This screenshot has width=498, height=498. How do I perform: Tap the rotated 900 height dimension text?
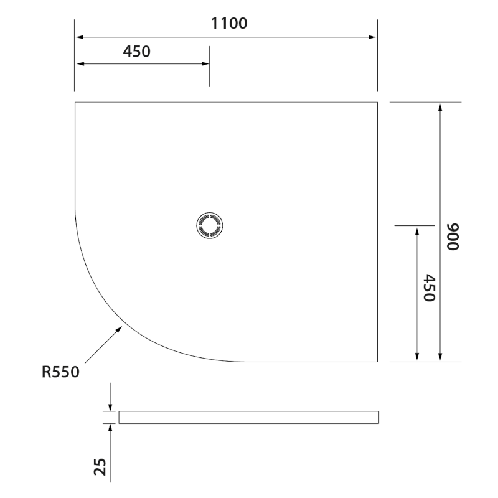pyautogui.click(x=453, y=237)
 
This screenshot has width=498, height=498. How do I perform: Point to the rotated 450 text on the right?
pyautogui.click(x=428, y=288)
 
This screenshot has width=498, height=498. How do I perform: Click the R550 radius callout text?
pyautogui.click(x=60, y=372)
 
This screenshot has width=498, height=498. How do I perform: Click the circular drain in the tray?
pyautogui.click(x=209, y=225)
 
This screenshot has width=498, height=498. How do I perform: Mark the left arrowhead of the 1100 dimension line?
pyautogui.click(x=80, y=37)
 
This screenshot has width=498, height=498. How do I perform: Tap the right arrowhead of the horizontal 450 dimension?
pyautogui.click(x=205, y=63)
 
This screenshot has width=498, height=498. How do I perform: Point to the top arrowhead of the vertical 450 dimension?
pyautogui.click(x=416, y=230)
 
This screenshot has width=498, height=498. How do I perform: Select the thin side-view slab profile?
pyautogui.click(x=248, y=417)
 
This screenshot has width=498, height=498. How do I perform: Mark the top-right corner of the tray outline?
pyautogui.click(x=378, y=102)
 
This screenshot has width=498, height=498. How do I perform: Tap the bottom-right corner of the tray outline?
pyautogui.click(x=378, y=362)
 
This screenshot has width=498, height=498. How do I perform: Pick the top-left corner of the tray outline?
pyautogui.click(x=75, y=102)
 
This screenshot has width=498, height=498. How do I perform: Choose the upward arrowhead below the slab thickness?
pyautogui.click(x=110, y=428)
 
